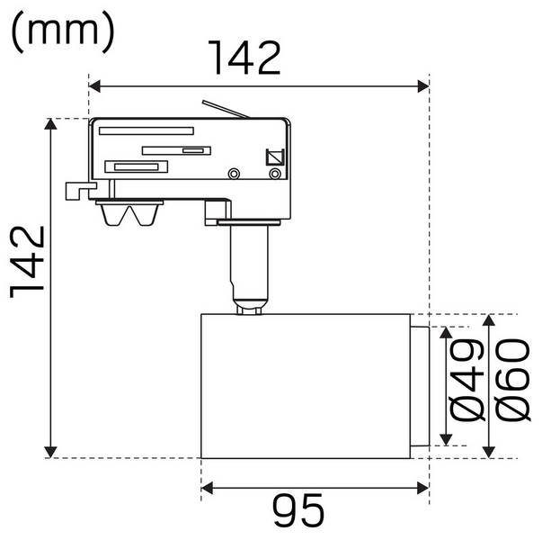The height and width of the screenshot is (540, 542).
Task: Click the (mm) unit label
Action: tap(63, 31)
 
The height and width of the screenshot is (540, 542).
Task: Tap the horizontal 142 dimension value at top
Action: tap(244, 58)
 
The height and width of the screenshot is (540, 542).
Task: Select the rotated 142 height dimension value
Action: tap(28, 261)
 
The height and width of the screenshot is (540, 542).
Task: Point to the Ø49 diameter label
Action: tap(466, 382)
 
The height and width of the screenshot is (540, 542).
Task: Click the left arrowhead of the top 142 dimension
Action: tap(94, 86)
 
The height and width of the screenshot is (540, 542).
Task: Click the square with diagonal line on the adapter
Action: tap(275, 156)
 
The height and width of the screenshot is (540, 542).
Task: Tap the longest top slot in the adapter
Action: tap(146, 130)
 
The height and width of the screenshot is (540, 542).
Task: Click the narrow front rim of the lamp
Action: tap(419, 385)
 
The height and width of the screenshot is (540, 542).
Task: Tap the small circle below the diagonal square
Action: tap(276, 173)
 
